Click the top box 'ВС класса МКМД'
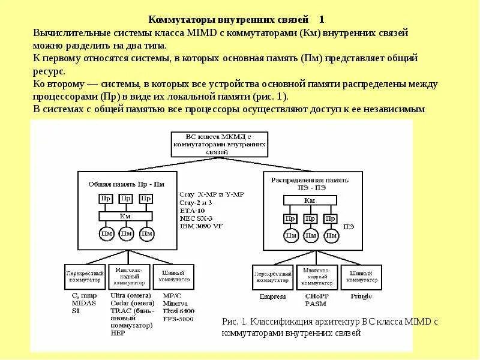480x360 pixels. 218,144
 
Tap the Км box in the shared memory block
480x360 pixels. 125,215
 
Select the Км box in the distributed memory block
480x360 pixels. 309,200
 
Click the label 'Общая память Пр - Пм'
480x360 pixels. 126,184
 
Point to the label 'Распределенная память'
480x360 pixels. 309,179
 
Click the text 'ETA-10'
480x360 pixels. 191,211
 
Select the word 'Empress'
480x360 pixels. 272,296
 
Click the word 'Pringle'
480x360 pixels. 359,296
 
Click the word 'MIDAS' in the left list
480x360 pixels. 84,304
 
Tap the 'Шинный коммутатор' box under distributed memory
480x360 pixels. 360,277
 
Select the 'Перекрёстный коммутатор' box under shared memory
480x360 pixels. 85,277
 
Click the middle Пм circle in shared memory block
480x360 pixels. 126,233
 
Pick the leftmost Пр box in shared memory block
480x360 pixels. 105,198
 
